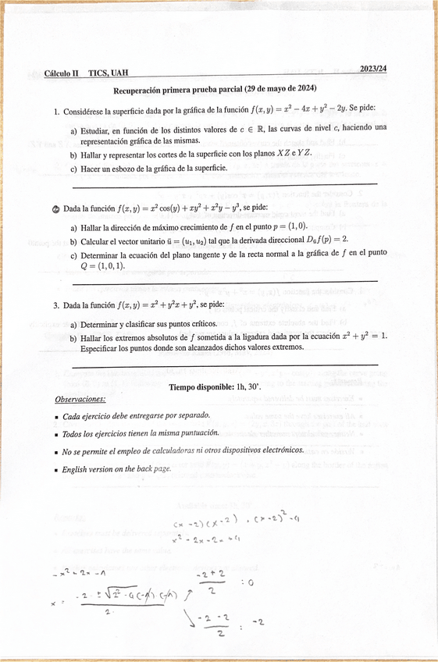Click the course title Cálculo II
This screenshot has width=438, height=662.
[x=62, y=73]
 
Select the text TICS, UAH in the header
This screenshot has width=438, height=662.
[x=109, y=73]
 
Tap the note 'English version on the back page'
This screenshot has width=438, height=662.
[x=117, y=469]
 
